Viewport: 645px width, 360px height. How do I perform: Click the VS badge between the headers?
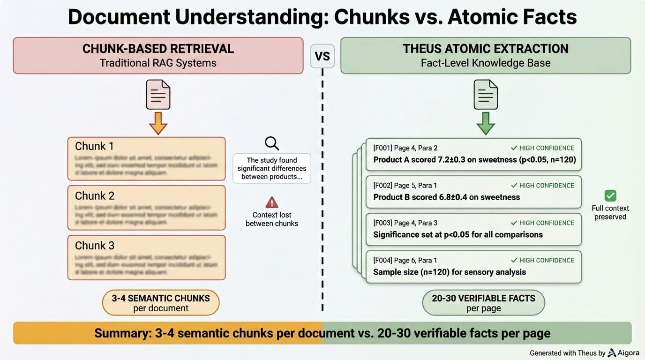322,56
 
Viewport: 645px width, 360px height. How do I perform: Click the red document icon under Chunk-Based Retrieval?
158,94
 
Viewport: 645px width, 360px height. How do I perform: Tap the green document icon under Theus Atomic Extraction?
486,94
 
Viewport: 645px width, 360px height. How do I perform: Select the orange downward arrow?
158,123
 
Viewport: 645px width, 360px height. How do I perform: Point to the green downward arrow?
486,123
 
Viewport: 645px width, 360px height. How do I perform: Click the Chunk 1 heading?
94,146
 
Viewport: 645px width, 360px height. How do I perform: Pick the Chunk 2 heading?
94,195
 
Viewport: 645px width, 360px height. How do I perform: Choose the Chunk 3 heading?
94,245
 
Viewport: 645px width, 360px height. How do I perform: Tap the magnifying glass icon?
271,143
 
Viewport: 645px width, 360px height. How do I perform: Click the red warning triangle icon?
272,202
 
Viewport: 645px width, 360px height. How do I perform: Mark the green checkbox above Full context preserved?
610,195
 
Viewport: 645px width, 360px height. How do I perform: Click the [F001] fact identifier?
382,148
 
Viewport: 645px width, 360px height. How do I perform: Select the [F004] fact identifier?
383,261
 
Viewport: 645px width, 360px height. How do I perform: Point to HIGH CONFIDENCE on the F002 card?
542,186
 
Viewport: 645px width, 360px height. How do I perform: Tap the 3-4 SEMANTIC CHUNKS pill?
161,303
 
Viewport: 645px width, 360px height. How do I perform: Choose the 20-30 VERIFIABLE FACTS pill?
483,303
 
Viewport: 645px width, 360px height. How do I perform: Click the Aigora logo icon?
612,352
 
